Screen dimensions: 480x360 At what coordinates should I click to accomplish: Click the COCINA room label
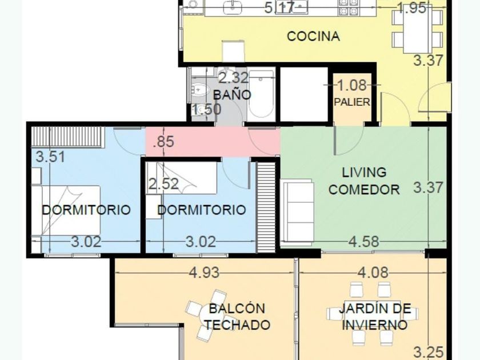(x=314, y=37)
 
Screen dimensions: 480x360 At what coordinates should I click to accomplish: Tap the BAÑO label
(x=232, y=95)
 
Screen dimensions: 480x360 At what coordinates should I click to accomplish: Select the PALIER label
(x=352, y=102)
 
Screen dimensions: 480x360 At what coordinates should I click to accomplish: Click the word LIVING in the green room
(x=364, y=173)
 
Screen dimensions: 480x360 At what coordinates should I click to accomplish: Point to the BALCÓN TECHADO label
(x=237, y=317)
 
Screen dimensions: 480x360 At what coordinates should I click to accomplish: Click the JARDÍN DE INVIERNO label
(x=375, y=317)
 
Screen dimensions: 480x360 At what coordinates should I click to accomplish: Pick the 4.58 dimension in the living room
(x=363, y=242)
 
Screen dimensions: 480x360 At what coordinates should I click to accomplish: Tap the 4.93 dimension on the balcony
(x=204, y=273)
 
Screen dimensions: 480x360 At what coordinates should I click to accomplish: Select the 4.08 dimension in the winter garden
(x=373, y=273)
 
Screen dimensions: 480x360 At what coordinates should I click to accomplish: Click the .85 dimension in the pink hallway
(x=164, y=142)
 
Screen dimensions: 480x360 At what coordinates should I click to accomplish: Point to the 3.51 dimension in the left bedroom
(x=50, y=157)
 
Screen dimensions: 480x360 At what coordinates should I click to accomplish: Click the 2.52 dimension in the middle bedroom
(x=163, y=184)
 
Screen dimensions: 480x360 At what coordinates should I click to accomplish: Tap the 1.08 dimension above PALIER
(x=352, y=85)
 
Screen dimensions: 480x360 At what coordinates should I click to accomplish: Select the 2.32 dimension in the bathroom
(x=234, y=78)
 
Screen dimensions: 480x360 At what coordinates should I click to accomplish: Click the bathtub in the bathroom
(x=261, y=94)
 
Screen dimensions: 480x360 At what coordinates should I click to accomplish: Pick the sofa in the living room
(x=297, y=212)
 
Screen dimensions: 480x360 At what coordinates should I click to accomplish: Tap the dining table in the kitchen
(x=418, y=29)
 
